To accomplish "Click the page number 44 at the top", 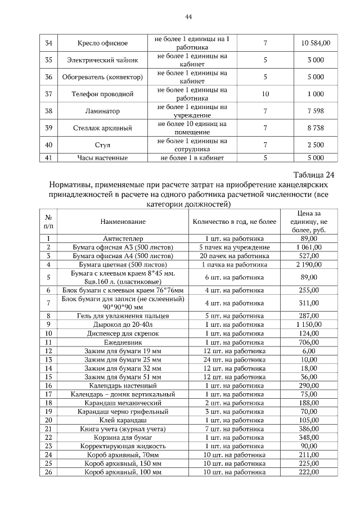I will point(188,17).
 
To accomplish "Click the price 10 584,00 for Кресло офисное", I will point(316,43).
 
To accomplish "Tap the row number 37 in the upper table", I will point(48,93).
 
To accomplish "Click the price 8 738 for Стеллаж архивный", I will point(316,128).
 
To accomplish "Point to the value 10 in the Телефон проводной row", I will point(265,93).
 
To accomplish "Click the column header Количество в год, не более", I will point(235,222).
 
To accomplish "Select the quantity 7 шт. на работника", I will point(235,429).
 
